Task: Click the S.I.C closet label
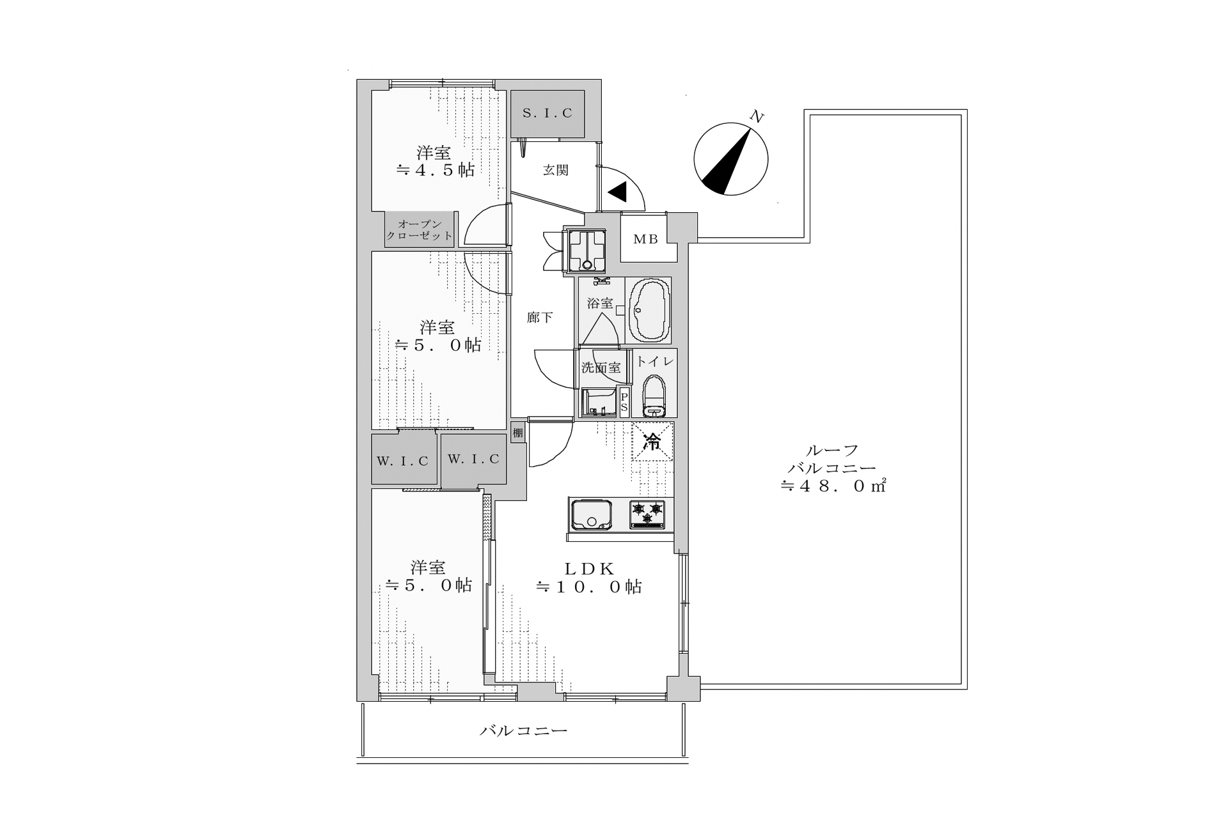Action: (547, 114)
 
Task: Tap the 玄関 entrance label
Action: (556, 171)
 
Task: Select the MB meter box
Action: (649, 238)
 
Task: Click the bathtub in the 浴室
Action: (650, 311)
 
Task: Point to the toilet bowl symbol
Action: (654, 396)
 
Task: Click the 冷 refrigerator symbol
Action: (652, 441)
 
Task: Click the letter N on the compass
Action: (757, 116)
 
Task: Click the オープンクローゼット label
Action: (420, 229)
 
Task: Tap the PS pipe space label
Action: (625, 402)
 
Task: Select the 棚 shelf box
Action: (518, 433)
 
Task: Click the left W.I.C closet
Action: (404, 460)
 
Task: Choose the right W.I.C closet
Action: (473, 460)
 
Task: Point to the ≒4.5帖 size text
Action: (436, 170)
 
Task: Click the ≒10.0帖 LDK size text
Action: (589, 587)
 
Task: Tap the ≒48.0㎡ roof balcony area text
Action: (832, 486)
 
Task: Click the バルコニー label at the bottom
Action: (524, 730)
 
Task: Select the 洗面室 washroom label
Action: (601, 367)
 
